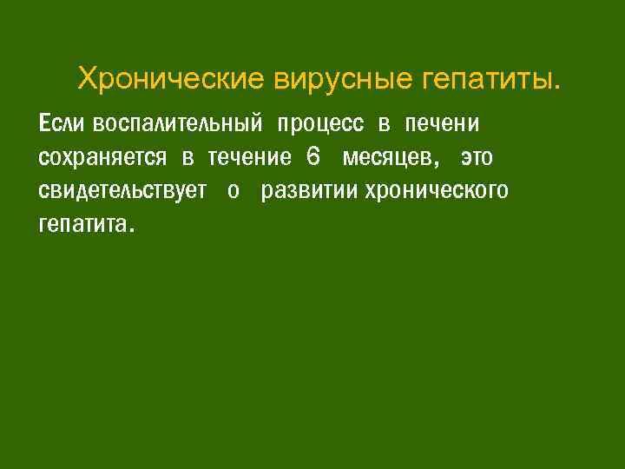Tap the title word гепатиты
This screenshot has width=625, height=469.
pos(491,81)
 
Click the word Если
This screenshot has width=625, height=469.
pos(61,124)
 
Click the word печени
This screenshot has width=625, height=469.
pos(444,124)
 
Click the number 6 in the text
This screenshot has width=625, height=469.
pos(313,158)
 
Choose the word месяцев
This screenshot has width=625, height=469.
pos(389,158)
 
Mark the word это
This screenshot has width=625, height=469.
pos(477,158)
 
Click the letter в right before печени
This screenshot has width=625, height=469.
pos(384,124)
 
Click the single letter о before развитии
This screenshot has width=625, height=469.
pos(233,191)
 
